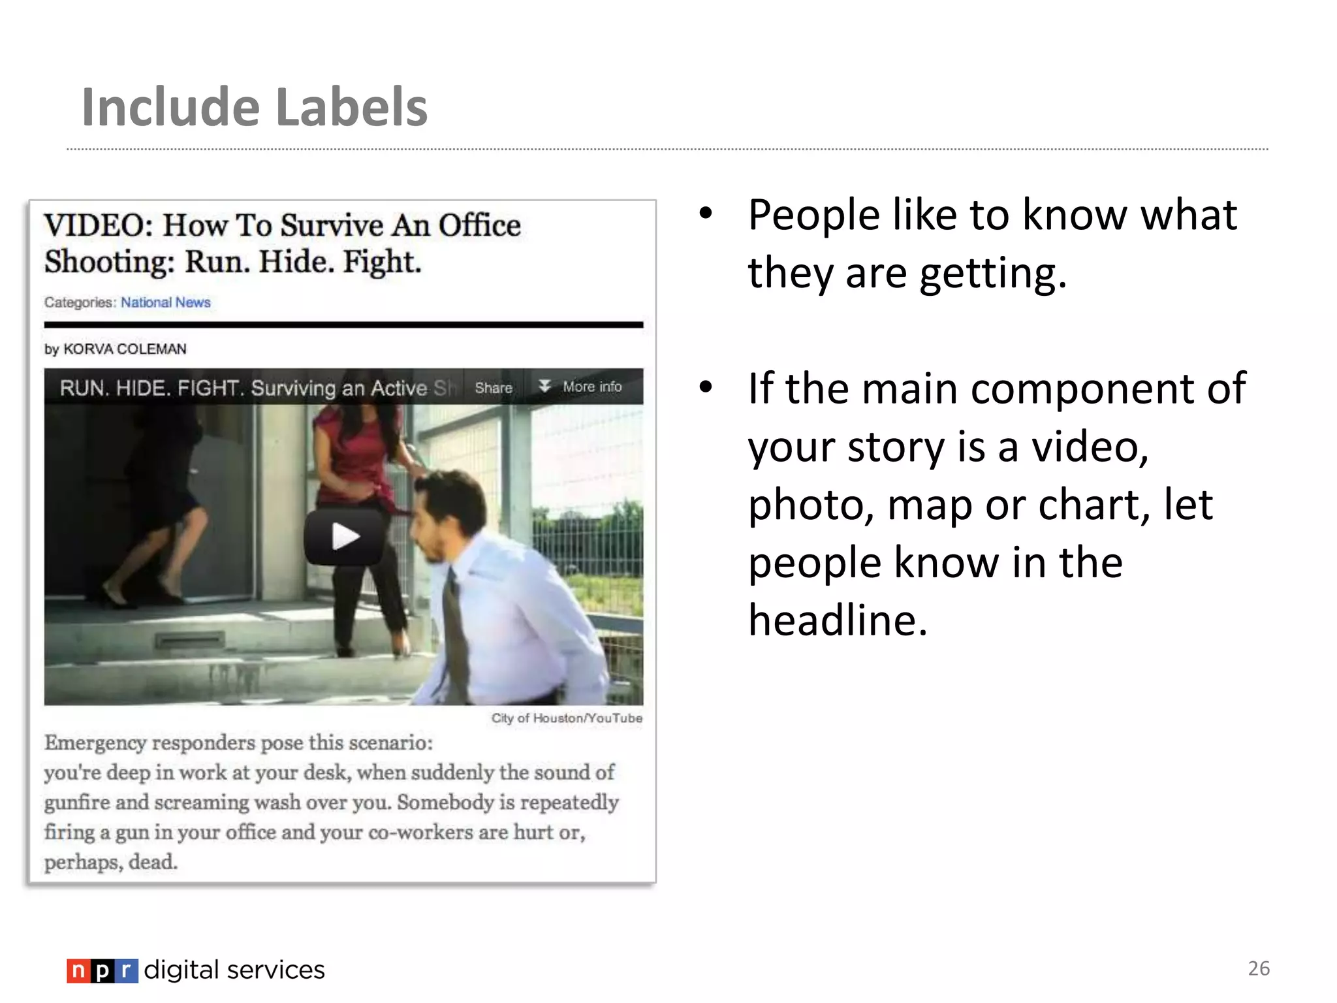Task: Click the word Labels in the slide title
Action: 352,107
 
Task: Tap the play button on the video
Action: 344,537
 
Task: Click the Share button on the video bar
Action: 494,388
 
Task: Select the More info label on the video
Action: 591,387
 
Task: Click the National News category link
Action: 165,302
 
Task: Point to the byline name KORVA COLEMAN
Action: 125,349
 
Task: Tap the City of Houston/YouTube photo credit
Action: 567,718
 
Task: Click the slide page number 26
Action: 1259,968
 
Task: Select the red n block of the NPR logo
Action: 78,971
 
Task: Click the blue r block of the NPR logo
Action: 127,971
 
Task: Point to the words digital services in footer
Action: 234,970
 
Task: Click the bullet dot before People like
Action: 705,214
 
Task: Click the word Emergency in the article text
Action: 95,743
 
